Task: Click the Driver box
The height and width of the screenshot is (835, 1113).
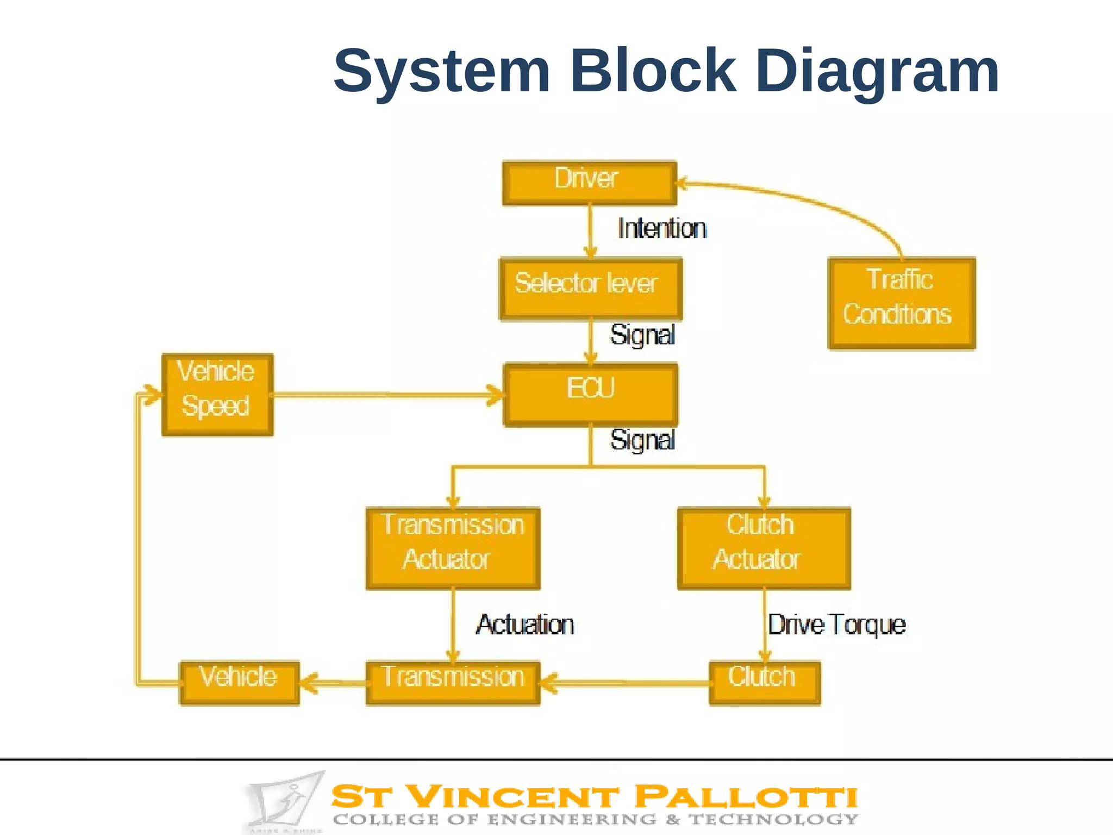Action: point(590,183)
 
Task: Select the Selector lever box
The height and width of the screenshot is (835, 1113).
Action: point(591,289)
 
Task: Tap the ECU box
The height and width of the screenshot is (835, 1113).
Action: point(591,394)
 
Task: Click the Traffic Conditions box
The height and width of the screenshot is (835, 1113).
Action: point(902,303)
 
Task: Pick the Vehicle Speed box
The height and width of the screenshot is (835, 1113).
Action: point(217,394)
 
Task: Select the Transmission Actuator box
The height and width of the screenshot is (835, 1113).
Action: point(453,548)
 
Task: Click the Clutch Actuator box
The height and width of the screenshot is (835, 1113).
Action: point(764,548)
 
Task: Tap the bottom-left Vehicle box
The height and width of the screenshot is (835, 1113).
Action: point(239,683)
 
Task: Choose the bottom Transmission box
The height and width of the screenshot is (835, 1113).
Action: point(453,683)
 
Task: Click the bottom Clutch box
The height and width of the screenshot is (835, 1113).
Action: point(765,683)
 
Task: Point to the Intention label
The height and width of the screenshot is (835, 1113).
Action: point(662,229)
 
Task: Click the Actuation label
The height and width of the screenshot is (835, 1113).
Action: point(525,625)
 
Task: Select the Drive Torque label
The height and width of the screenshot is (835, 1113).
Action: point(836,625)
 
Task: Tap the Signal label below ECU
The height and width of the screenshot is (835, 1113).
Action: point(642,440)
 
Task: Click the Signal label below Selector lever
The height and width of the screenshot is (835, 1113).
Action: point(642,335)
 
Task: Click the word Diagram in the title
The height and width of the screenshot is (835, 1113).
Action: point(877,71)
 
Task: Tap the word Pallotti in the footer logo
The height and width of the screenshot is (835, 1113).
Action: point(746,797)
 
